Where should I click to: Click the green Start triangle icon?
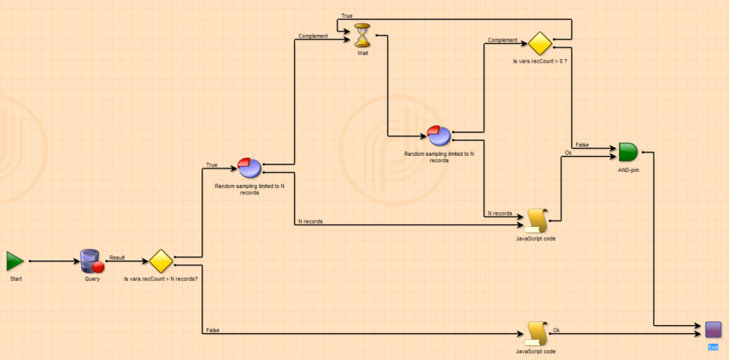tap(15, 261)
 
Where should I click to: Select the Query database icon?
tap(92, 261)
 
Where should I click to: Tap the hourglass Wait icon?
tap(363, 33)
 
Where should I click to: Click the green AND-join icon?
tap(627, 152)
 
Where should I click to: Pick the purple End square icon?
tap(713, 329)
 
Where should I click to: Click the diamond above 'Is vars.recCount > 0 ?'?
tap(540, 44)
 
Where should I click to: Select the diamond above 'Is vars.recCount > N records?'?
tap(161, 260)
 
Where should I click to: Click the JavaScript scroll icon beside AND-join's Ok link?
tap(535, 221)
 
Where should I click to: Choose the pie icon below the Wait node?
tap(439, 135)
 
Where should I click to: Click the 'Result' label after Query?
tap(117, 258)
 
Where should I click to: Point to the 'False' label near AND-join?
tap(582, 144)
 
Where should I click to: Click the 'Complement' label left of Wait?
tap(313, 36)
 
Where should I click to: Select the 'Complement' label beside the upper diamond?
tap(502, 41)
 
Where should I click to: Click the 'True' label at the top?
tap(347, 16)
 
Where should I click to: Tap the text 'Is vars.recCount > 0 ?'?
tap(540, 63)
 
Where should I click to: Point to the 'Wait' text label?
tap(363, 52)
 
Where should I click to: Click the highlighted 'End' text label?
tap(713, 347)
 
